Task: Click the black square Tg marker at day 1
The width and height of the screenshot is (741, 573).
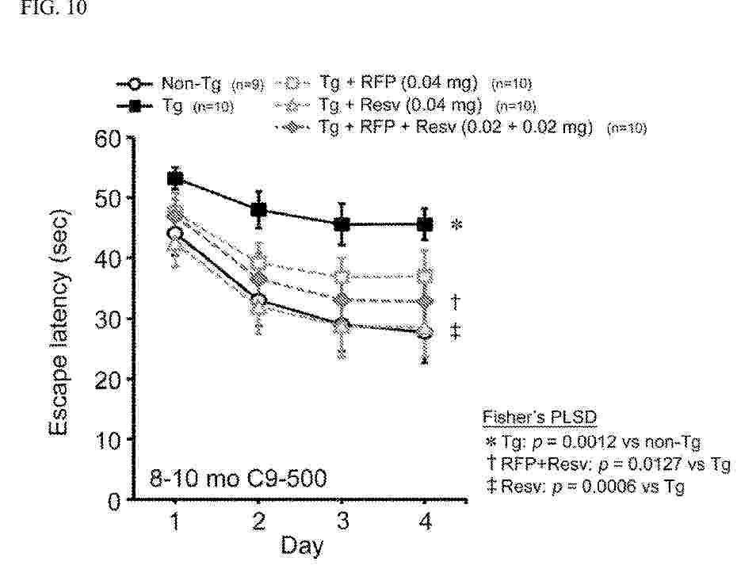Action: tap(175, 179)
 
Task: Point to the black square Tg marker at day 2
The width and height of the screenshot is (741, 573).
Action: tap(258, 210)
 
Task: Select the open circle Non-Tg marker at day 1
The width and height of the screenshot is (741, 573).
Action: tap(175, 233)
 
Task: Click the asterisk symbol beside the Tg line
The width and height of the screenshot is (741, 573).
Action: tap(456, 226)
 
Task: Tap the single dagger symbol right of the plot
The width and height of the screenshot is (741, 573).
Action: tap(456, 302)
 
